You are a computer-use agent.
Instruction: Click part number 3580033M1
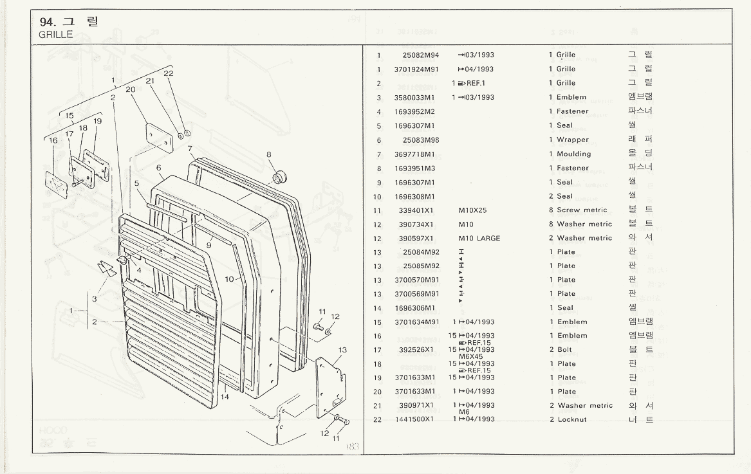pyautogui.click(x=415, y=98)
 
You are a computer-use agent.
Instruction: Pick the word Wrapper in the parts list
pyautogui.click(x=572, y=140)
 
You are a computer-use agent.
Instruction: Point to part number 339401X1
pyautogui.click(x=416, y=210)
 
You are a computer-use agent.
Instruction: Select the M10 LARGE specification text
pyautogui.click(x=479, y=239)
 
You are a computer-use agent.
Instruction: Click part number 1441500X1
pyautogui.click(x=415, y=420)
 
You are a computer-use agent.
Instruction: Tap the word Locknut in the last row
pyautogui.click(x=572, y=420)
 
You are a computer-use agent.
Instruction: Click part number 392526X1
pyautogui.click(x=416, y=350)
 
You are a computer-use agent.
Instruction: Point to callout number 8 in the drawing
pyautogui.click(x=269, y=154)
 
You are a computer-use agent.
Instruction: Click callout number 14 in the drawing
pyautogui.click(x=225, y=397)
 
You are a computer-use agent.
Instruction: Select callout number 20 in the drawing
pyautogui.click(x=130, y=90)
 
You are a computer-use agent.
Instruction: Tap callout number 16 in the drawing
pyautogui.click(x=53, y=140)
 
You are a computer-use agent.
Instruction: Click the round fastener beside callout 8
pyautogui.click(x=281, y=176)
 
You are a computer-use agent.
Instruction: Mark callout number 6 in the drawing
pyautogui.click(x=158, y=168)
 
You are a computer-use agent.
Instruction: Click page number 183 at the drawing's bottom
pyautogui.click(x=353, y=446)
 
